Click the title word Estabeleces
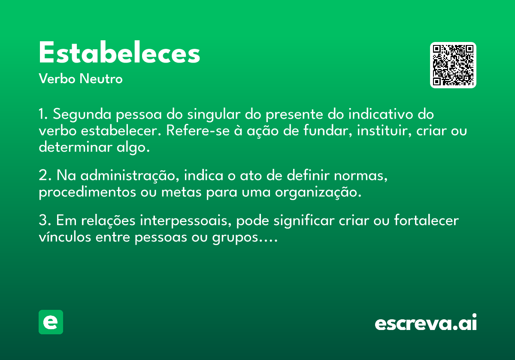120,52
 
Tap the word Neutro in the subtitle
101,79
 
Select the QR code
453,65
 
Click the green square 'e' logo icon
51,322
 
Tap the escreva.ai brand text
426,322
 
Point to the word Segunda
82,114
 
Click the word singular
214,114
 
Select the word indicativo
381,114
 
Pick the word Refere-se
198,131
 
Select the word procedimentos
88,192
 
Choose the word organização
318,192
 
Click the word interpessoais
186,221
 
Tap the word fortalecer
427,220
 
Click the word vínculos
65,237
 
